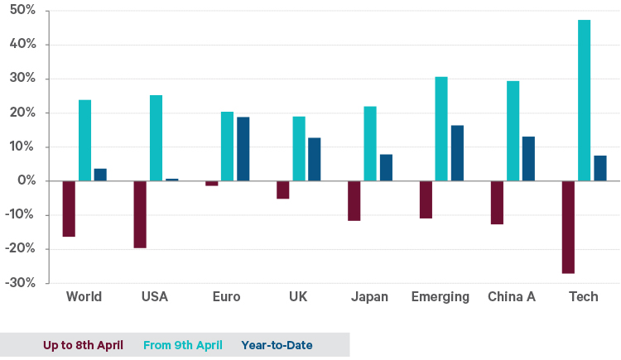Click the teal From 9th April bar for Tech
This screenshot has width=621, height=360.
(585, 100)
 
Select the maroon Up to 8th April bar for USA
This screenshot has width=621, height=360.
(140, 214)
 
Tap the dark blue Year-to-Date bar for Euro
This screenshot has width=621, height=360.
(243, 149)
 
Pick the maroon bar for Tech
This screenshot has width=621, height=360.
(568, 227)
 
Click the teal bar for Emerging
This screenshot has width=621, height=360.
(441, 129)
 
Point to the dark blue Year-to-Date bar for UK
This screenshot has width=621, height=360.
(314, 159)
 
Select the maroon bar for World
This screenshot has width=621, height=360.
(69, 209)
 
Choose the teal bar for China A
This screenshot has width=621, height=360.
(513, 131)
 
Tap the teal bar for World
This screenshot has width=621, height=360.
(84, 141)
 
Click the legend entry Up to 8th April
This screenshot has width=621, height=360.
(83, 345)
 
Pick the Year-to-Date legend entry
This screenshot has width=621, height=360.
(277, 345)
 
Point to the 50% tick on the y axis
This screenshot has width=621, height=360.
(22, 11)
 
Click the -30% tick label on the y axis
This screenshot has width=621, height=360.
(21, 283)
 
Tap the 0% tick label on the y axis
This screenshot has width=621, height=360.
(26, 180)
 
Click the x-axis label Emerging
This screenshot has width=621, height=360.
(440, 297)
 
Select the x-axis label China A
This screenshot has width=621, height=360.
(512, 297)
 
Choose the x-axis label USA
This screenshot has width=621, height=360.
(155, 297)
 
